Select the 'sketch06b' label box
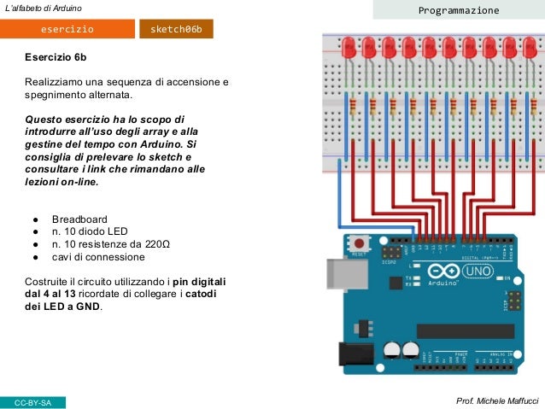point(176,29)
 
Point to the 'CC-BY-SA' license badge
point(33,401)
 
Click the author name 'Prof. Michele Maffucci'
point(497,400)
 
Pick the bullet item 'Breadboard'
point(79,219)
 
